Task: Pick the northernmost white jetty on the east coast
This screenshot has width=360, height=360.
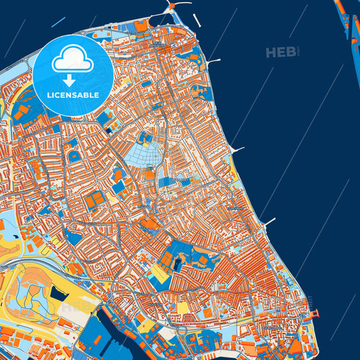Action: click(215, 62)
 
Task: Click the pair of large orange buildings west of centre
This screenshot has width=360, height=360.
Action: click(95, 199)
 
